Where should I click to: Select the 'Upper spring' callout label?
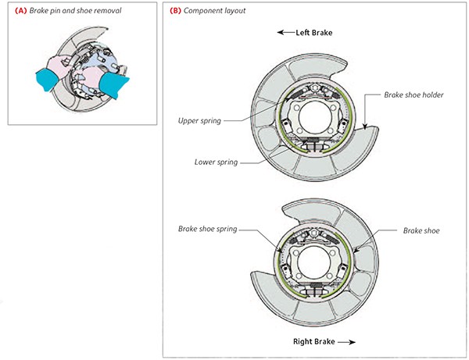199,121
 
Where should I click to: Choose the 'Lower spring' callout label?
217,162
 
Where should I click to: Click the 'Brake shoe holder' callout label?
414,93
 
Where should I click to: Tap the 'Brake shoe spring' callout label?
207,230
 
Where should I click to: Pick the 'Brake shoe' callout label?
422,230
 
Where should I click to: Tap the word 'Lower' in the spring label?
206,162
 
